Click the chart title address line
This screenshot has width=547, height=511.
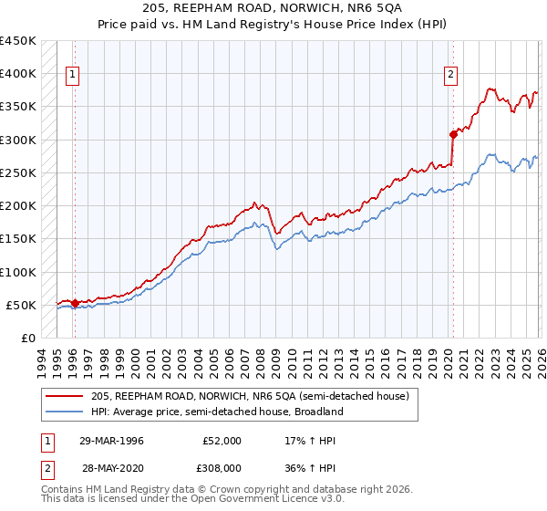point(273,10)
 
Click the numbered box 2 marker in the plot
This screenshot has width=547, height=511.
point(451,76)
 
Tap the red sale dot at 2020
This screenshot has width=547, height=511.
point(453,133)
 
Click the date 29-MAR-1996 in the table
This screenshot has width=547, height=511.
point(112,441)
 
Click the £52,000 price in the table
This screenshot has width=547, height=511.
point(222,441)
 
